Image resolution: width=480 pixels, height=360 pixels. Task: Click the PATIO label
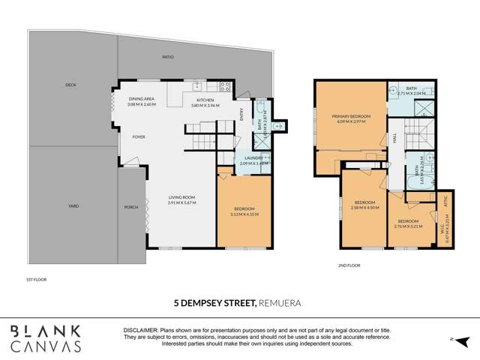168,56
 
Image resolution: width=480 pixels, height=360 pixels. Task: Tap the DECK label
70,85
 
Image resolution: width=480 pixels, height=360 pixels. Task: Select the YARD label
73,206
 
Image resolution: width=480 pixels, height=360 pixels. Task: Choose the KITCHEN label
205,100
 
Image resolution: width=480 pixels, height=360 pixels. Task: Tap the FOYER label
139,137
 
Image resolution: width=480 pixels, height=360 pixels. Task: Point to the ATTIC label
445,202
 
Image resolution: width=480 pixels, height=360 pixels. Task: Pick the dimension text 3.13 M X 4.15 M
244,214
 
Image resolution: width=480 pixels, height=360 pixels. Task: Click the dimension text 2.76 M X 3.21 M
408,226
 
